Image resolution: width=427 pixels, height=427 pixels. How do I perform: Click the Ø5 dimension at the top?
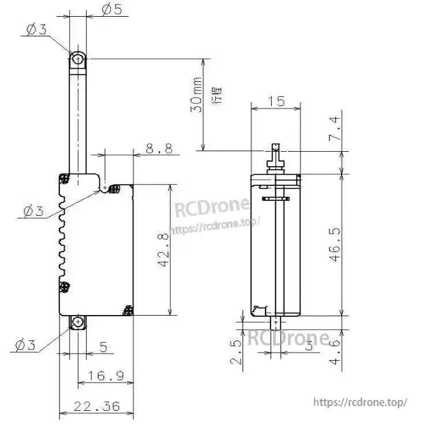pyautogui.click(x=111, y=10)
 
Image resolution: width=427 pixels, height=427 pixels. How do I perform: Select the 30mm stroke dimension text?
pyautogui.click(x=197, y=95)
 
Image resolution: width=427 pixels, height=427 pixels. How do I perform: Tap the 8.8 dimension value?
pyautogui.click(x=159, y=149)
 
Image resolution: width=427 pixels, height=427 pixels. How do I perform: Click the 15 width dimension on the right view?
pyautogui.click(x=276, y=102)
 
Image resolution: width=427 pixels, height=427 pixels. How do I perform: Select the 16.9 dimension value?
pyautogui.click(x=106, y=376)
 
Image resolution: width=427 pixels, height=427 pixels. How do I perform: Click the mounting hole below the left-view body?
pyautogui.click(x=77, y=323)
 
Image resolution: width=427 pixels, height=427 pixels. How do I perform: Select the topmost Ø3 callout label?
pyautogui.click(x=36, y=30)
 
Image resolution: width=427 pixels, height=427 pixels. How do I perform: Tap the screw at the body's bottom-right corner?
pyautogui.click(x=128, y=310)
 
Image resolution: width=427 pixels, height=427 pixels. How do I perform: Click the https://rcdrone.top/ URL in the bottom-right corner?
pyautogui.click(x=360, y=402)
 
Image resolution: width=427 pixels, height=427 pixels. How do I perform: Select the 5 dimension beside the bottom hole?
pyautogui.click(x=103, y=347)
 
